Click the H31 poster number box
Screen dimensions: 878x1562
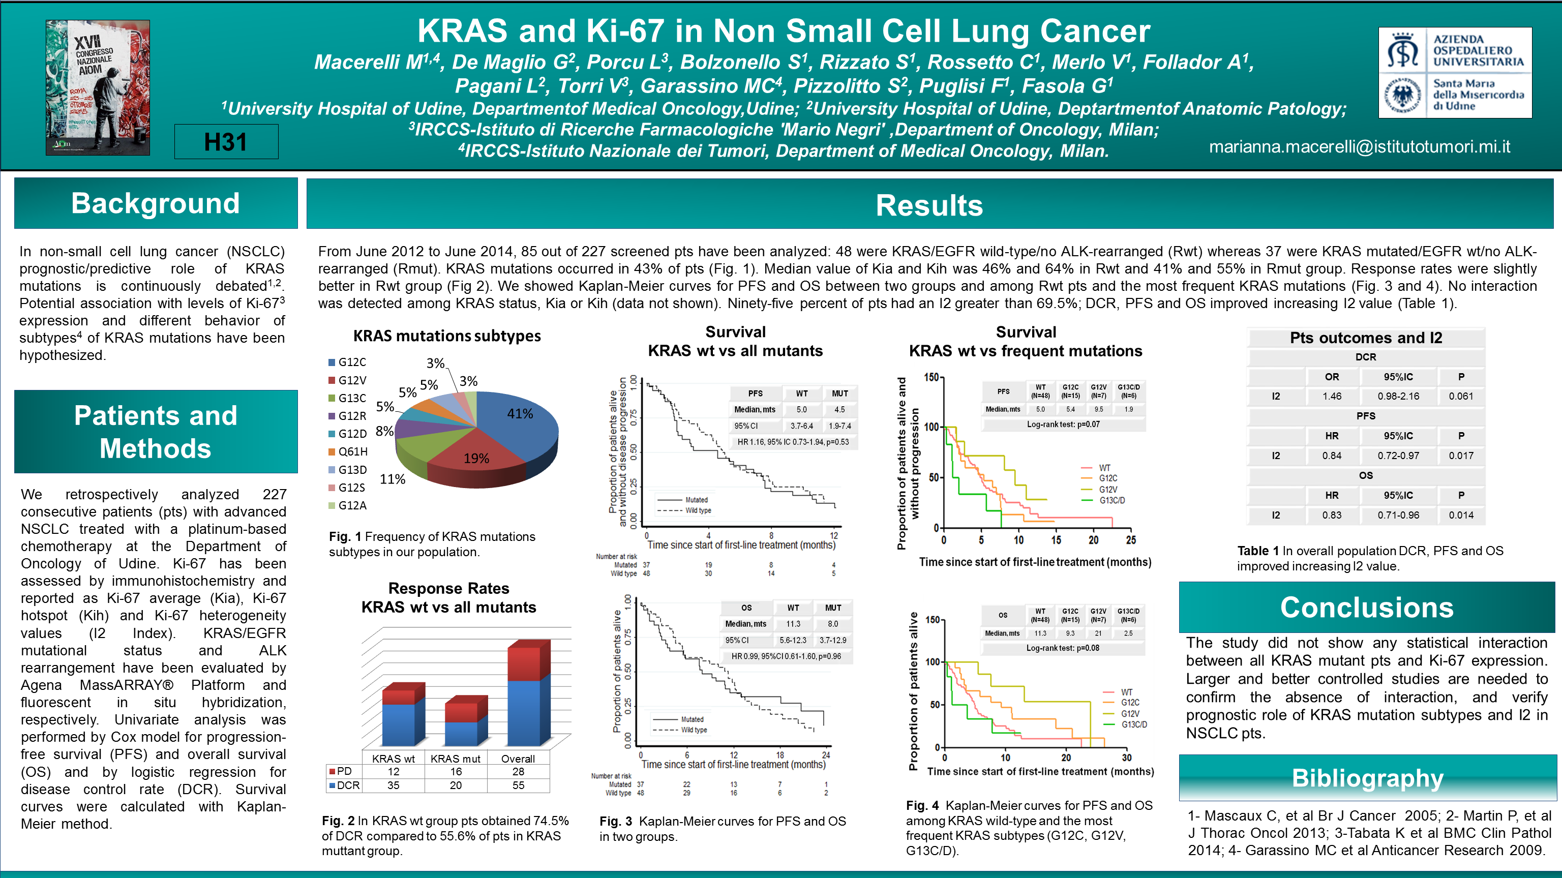226,142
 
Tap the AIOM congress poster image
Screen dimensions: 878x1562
98,87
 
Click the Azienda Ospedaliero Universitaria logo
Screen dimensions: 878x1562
1454,72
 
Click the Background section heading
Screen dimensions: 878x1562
156,203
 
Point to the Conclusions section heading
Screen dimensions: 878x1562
1367,608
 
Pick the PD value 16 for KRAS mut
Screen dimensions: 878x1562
456,771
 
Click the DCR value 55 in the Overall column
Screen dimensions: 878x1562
518,785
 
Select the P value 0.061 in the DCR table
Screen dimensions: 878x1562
1461,396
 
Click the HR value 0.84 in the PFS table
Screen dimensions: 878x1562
1332,456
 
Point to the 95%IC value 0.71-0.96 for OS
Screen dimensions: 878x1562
1398,515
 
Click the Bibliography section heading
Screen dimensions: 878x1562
1367,778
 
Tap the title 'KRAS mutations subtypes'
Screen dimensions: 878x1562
447,336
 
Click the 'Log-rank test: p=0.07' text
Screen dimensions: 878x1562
1063,425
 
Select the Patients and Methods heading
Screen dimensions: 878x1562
156,432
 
